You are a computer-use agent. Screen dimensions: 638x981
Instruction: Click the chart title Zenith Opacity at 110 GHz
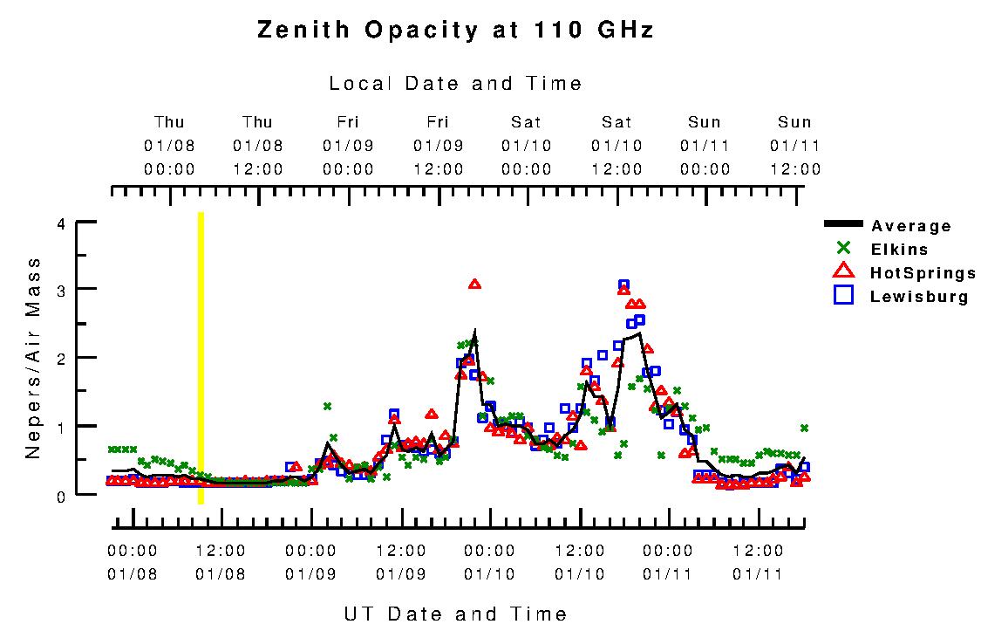click(455, 31)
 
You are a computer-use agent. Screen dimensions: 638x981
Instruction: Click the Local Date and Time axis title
click(455, 84)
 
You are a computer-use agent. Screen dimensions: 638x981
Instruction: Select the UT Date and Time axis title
click(455, 614)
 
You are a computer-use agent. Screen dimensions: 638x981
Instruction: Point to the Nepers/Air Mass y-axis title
click(33, 358)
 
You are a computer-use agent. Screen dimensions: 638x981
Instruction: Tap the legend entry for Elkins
click(898, 250)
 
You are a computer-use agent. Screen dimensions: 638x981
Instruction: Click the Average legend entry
click(910, 226)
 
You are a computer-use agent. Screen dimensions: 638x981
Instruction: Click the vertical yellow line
click(201, 358)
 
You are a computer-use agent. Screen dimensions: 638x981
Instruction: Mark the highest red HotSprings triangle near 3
click(474, 285)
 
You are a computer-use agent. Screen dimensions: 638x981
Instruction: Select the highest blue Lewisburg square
click(623, 285)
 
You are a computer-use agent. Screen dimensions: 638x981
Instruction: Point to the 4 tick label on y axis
click(60, 223)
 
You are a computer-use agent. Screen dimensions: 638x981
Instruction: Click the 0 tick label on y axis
click(60, 496)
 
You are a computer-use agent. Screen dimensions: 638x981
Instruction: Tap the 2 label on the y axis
click(60, 359)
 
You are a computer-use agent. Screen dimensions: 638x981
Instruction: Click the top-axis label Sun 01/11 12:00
click(794, 146)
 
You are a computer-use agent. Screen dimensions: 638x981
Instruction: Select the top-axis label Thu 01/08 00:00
click(169, 146)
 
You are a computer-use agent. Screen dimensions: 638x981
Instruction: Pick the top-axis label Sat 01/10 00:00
click(527, 146)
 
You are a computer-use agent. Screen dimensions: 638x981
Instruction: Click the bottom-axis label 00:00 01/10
click(489, 562)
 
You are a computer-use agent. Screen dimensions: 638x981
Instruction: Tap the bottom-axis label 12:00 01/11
click(758, 562)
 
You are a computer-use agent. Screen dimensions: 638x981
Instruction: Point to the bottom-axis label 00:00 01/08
click(133, 562)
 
